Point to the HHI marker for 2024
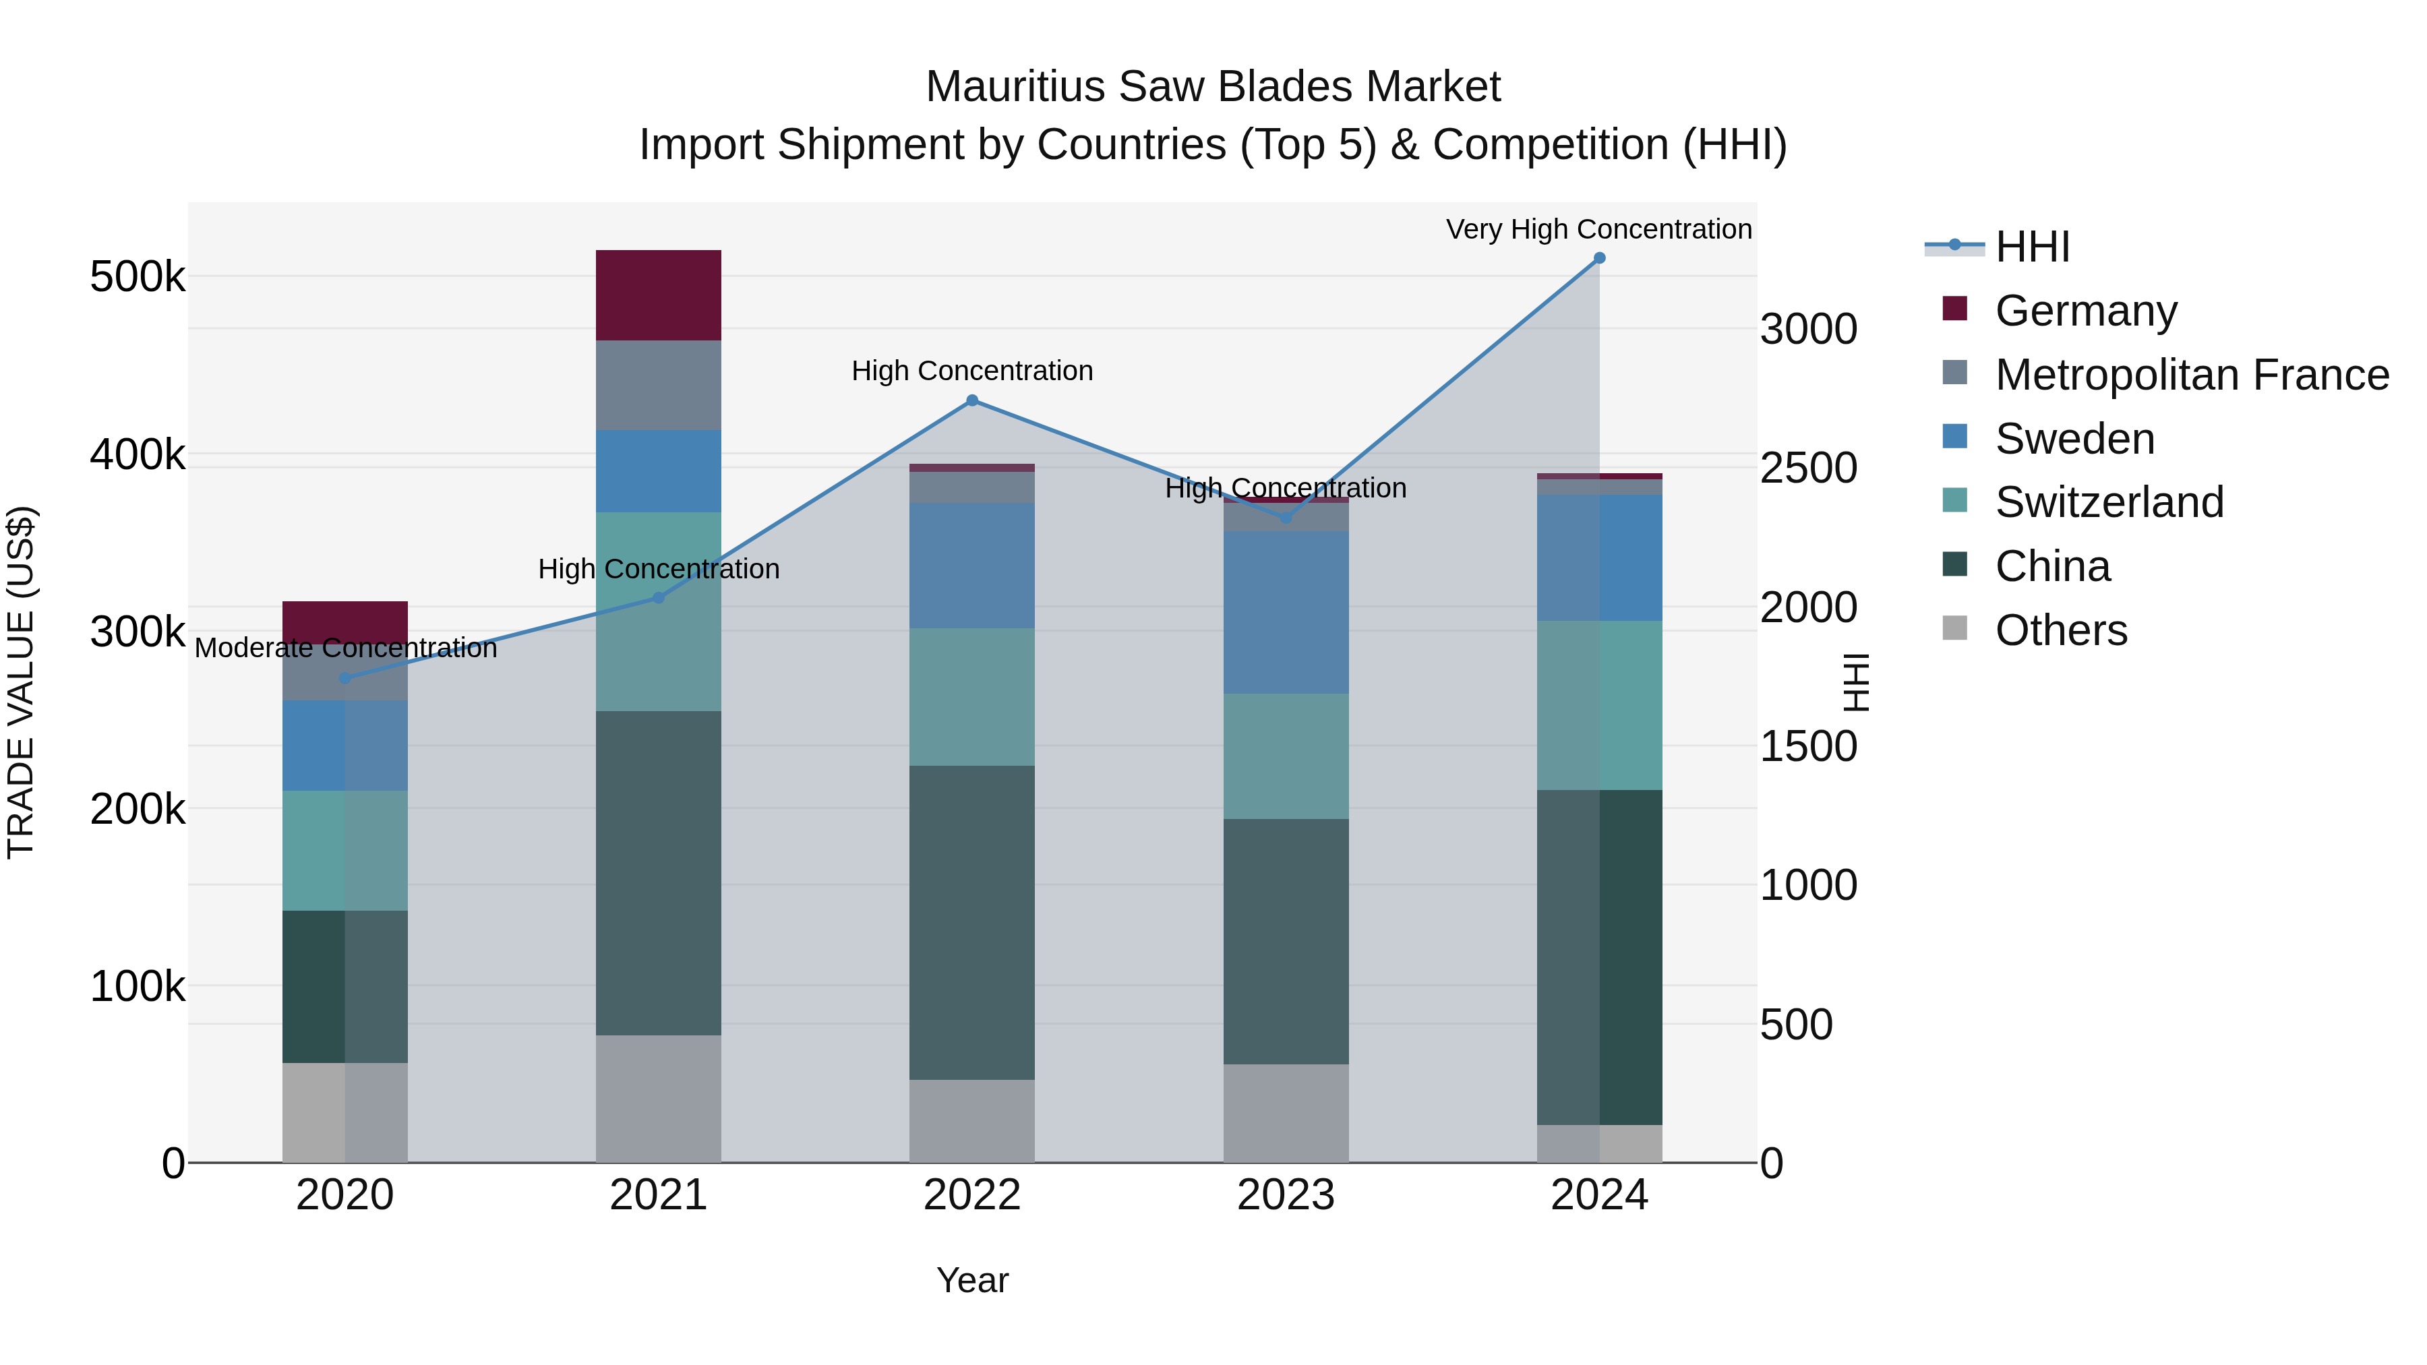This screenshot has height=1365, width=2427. pos(1599,258)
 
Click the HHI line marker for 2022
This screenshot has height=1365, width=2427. pos(972,400)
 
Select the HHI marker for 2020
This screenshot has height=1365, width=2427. pos(344,678)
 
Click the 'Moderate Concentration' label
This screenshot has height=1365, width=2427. pos(344,648)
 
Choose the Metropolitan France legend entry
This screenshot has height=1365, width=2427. pos(2192,375)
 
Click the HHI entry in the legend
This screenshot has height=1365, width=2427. pos(2031,247)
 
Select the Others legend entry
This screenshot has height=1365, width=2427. pos(2060,630)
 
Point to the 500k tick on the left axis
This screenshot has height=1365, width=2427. pos(138,277)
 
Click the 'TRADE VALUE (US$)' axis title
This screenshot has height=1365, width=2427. pos(21,682)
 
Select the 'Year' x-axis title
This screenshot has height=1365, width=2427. pos(972,1280)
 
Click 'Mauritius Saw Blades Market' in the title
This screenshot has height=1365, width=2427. pos(1213,87)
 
